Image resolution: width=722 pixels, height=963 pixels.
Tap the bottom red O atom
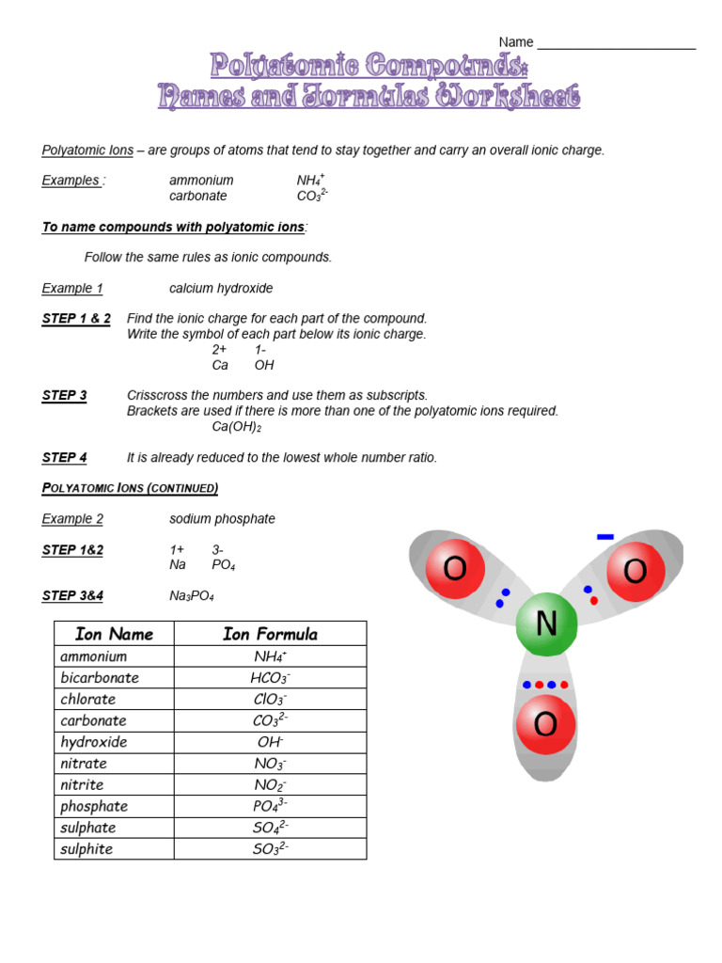(x=545, y=725)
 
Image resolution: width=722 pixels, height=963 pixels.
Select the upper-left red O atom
(x=455, y=570)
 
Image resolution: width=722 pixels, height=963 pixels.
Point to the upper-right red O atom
(x=636, y=571)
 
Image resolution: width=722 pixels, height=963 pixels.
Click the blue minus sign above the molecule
(x=605, y=537)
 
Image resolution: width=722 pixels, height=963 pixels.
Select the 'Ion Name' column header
(x=114, y=634)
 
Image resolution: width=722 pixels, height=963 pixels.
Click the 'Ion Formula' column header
(x=270, y=634)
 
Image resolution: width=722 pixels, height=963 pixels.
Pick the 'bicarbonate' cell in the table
(x=100, y=678)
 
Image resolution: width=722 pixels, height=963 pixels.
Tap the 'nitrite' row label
(x=82, y=785)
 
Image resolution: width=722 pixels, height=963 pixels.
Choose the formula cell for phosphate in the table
(x=270, y=806)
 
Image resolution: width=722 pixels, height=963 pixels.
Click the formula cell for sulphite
(x=270, y=849)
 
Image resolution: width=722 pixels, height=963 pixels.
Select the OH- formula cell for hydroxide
(x=270, y=742)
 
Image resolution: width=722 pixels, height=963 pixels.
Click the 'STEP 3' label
(x=65, y=396)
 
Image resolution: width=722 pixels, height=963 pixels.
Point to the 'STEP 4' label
(x=65, y=458)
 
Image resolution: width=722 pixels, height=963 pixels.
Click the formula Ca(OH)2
(x=237, y=427)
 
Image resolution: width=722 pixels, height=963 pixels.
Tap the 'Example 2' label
(x=72, y=519)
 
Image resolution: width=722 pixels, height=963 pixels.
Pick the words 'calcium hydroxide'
(x=221, y=289)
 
